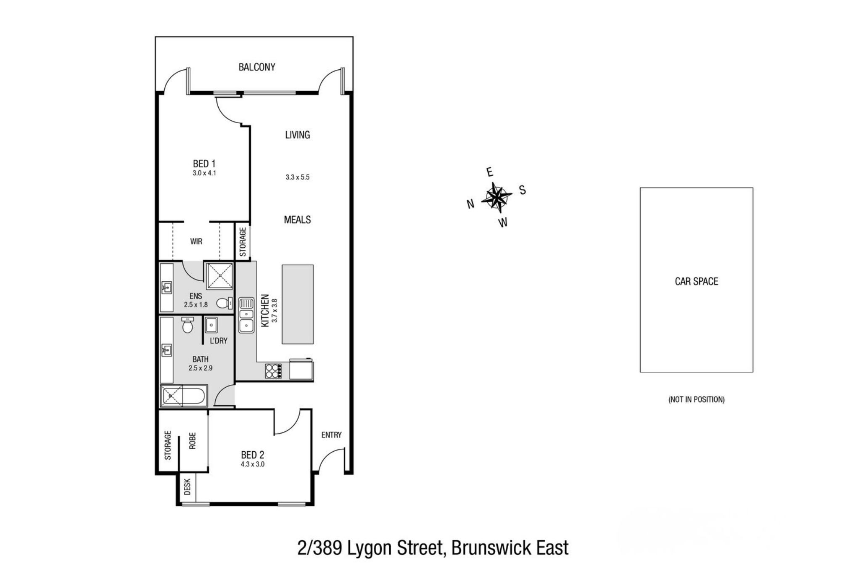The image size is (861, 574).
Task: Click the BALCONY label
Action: point(256,67)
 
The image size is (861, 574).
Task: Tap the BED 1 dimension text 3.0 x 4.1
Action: point(204,173)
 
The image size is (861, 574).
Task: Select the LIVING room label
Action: point(297,135)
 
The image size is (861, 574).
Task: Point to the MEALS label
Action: point(297,220)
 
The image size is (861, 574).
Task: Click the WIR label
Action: point(196,241)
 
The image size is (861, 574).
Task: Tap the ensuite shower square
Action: point(219,276)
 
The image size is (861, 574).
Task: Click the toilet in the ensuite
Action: point(225,303)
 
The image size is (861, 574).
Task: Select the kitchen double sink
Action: point(246,315)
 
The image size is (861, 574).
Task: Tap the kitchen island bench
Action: point(298,304)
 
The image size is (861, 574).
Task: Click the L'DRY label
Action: point(218,341)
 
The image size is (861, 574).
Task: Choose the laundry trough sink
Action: point(211,325)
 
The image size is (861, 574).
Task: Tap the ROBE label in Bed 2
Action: point(193,441)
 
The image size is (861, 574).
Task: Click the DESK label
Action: point(188,487)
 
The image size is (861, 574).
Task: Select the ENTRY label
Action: point(331,435)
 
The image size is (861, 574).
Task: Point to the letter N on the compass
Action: point(471,204)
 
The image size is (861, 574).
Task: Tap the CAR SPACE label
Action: point(696,281)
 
